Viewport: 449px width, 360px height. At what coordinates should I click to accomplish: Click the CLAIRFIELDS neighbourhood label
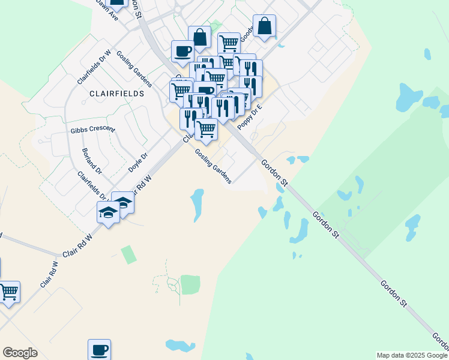pyautogui.click(x=117, y=94)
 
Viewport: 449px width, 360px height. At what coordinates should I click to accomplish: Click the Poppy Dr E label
pyautogui.click(x=250, y=115)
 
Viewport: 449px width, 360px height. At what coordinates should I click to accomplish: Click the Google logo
pyautogui.click(x=20, y=353)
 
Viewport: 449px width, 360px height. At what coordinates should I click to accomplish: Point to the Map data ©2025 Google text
pyautogui.click(x=412, y=355)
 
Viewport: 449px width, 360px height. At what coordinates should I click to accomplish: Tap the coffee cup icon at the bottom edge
pyautogui.click(x=99, y=349)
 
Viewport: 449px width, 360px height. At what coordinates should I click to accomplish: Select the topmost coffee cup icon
pyautogui.click(x=182, y=50)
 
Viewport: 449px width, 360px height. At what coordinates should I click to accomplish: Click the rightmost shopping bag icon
pyautogui.click(x=264, y=26)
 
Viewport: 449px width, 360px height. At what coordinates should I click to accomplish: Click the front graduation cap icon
pyautogui.click(x=109, y=212)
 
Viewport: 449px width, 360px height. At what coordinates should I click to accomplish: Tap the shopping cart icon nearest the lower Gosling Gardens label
pyautogui.click(x=206, y=128)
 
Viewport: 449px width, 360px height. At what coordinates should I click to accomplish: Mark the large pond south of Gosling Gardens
pyautogui.click(x=196, y=204)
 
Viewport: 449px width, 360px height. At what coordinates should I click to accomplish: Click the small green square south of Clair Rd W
pyautogui.click(x=128, y=254)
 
